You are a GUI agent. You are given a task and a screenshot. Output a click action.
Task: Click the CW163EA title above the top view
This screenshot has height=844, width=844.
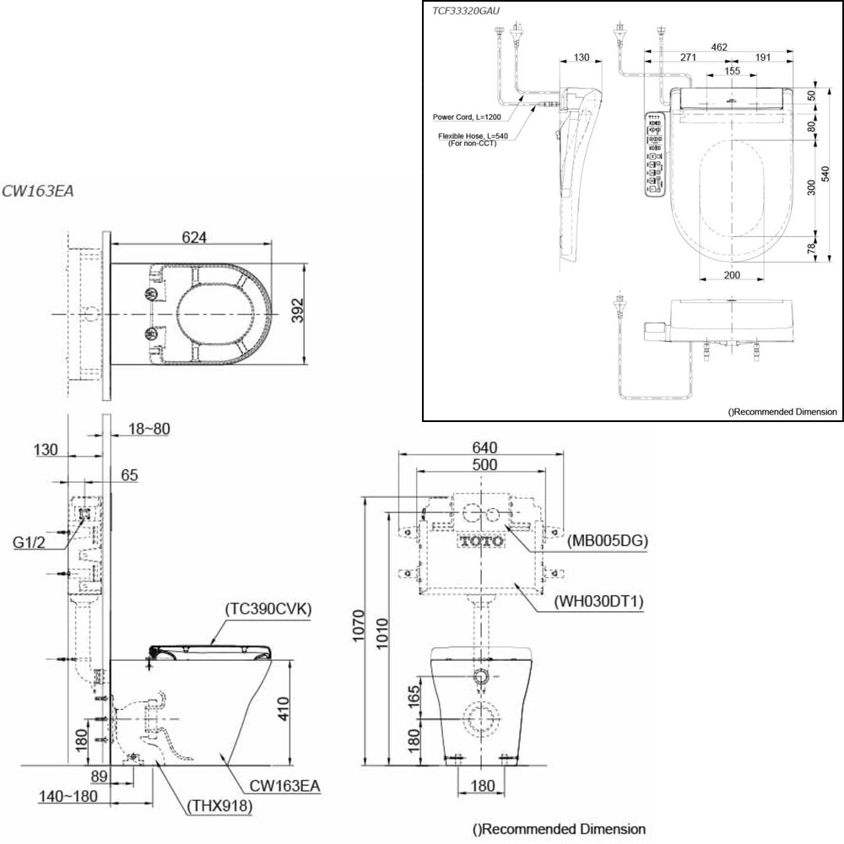click(38, 191)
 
